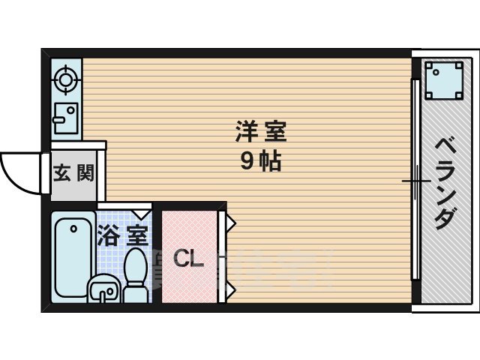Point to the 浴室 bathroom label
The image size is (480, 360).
coord(121,235)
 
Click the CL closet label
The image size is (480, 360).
coord(188,259)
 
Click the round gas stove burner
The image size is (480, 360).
coord(66,79)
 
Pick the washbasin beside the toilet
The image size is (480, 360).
coord(103,289)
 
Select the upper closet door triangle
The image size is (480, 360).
coord(231,223)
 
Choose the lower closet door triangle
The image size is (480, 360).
coord(231,288)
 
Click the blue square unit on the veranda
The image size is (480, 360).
coord(443,79)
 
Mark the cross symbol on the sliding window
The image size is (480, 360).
coord(415,181)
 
